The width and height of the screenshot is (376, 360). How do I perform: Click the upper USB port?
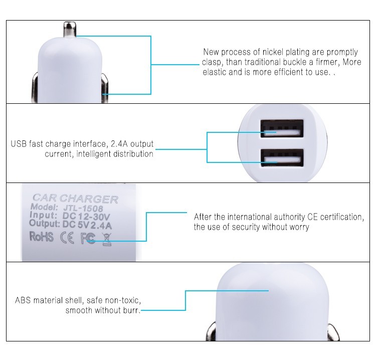pyautogui.click(x=282, y=128)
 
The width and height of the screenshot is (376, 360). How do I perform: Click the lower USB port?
pyautogui.click(x=282, y=157)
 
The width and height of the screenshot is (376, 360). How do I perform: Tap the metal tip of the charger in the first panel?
pyautogui.click(x=70, y=29)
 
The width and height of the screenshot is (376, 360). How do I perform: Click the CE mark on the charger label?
pyautogui.click(x=67, y=238)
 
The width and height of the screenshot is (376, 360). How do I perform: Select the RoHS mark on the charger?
pyautogui.click(x=41, y=237)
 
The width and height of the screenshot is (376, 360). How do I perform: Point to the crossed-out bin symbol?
pyautogui.click(x=107, y=239)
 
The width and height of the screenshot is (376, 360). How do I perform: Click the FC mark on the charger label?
pyautogui.click(x=88, y=238)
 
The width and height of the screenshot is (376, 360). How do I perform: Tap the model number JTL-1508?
pyautogui.click(x=83, y=208)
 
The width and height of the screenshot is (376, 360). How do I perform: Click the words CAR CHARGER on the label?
pyautogui.click(x=75, y=199)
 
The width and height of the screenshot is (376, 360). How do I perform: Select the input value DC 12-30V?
pyautogui.click(x=86, y=217)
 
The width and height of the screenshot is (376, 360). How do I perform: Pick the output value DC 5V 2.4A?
pyautogui.click(x=87, y=225)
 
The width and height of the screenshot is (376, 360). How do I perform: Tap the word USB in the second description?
pyautogui.click(x=19, y=144)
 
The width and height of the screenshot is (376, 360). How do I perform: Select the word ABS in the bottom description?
pyautogui.click(x=23, y=300)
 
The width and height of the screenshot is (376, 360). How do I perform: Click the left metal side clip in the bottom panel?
pyautogui.click(x=211, y=332)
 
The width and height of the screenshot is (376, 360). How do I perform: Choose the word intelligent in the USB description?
pyautogui.click(x=94, y=154)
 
